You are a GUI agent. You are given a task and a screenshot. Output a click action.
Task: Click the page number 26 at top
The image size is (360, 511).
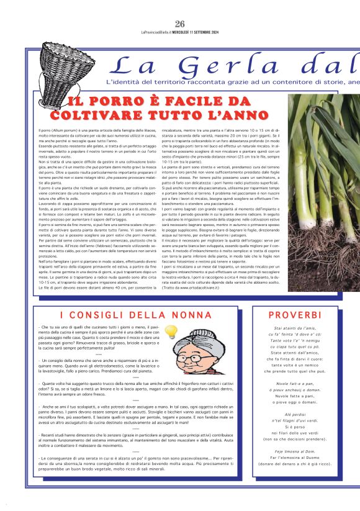click(x=180, y=24)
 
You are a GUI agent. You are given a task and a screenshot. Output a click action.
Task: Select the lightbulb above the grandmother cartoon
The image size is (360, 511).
click(x=171, y=332)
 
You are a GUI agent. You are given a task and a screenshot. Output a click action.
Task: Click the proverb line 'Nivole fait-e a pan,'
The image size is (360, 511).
click(x=295, y=384)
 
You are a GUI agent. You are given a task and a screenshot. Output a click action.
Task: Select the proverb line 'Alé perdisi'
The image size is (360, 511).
click(x=295, y=414)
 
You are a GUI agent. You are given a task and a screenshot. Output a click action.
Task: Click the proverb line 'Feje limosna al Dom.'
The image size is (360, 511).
click(x=295, y=451)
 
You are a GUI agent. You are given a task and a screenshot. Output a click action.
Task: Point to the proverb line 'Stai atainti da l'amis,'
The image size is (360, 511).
click(x=295, y=328)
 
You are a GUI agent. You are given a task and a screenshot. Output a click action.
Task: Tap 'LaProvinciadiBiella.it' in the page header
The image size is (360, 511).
click(x=158, y=32)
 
